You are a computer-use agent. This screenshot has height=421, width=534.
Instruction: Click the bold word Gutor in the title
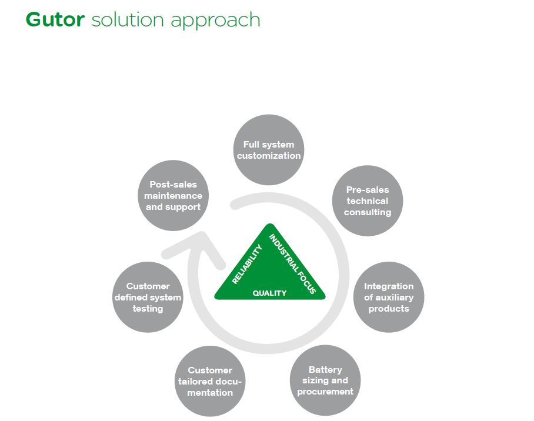[x=55, y=19]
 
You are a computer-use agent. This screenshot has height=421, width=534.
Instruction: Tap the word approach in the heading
[x=215, y=21]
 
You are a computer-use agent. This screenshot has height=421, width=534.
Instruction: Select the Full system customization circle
[x=269, y=150]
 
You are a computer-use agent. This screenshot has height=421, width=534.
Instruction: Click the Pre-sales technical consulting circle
[x=368, y=201]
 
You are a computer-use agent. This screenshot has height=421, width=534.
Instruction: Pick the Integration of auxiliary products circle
[x=389, y=297]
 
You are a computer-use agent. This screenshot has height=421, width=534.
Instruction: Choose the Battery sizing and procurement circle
[x=325, y=380]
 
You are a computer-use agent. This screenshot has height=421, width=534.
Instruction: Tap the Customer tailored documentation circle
[x=210, y=381]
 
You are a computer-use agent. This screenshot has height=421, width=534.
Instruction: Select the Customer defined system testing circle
[x=148, y=297]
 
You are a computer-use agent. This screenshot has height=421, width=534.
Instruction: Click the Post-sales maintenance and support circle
[x=173, y=196]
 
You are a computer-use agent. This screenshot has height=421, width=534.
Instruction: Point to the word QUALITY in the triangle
[x=269, y=293]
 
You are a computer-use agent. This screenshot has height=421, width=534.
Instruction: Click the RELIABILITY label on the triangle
[x=247, y=264]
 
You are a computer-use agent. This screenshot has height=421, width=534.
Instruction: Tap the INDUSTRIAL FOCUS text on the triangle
[x=293, y=263]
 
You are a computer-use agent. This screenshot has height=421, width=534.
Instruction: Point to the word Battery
[x=325, y=370]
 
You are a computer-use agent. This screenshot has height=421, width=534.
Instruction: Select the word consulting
[x=368, y=212]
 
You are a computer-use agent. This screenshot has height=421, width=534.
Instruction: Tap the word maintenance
[x=173, y=196]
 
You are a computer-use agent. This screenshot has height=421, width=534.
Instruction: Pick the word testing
[x=148, y=309]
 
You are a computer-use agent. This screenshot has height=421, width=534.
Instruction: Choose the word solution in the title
[x=128, y=20]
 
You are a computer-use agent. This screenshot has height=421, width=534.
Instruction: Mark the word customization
[x=269, y=156]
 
